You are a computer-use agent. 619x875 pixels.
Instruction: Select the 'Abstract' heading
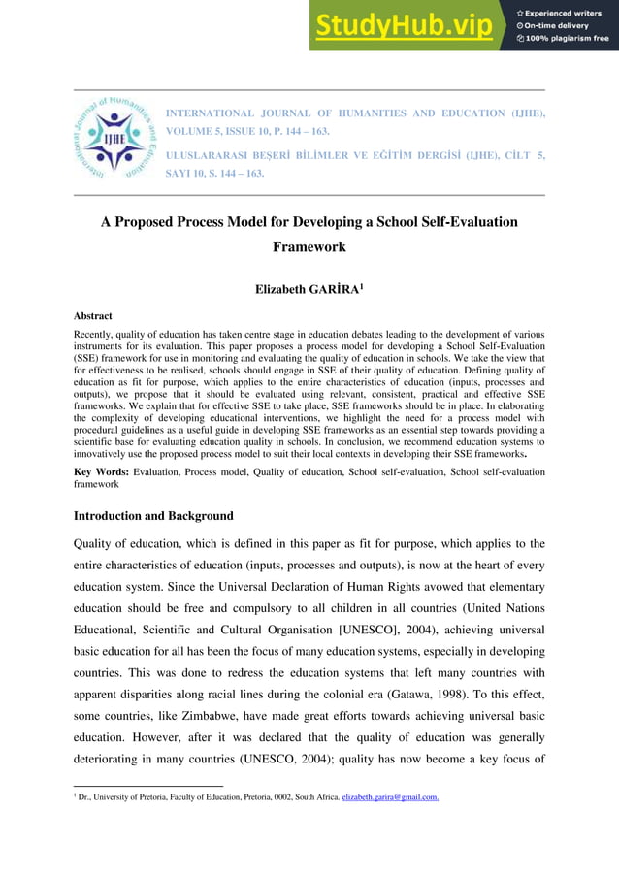(93, 316)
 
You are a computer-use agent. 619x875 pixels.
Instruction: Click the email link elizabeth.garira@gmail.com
(389, 797)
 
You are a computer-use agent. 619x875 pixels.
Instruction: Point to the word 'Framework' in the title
(309, 247)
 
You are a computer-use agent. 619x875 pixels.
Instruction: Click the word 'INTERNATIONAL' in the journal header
(209, 113)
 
